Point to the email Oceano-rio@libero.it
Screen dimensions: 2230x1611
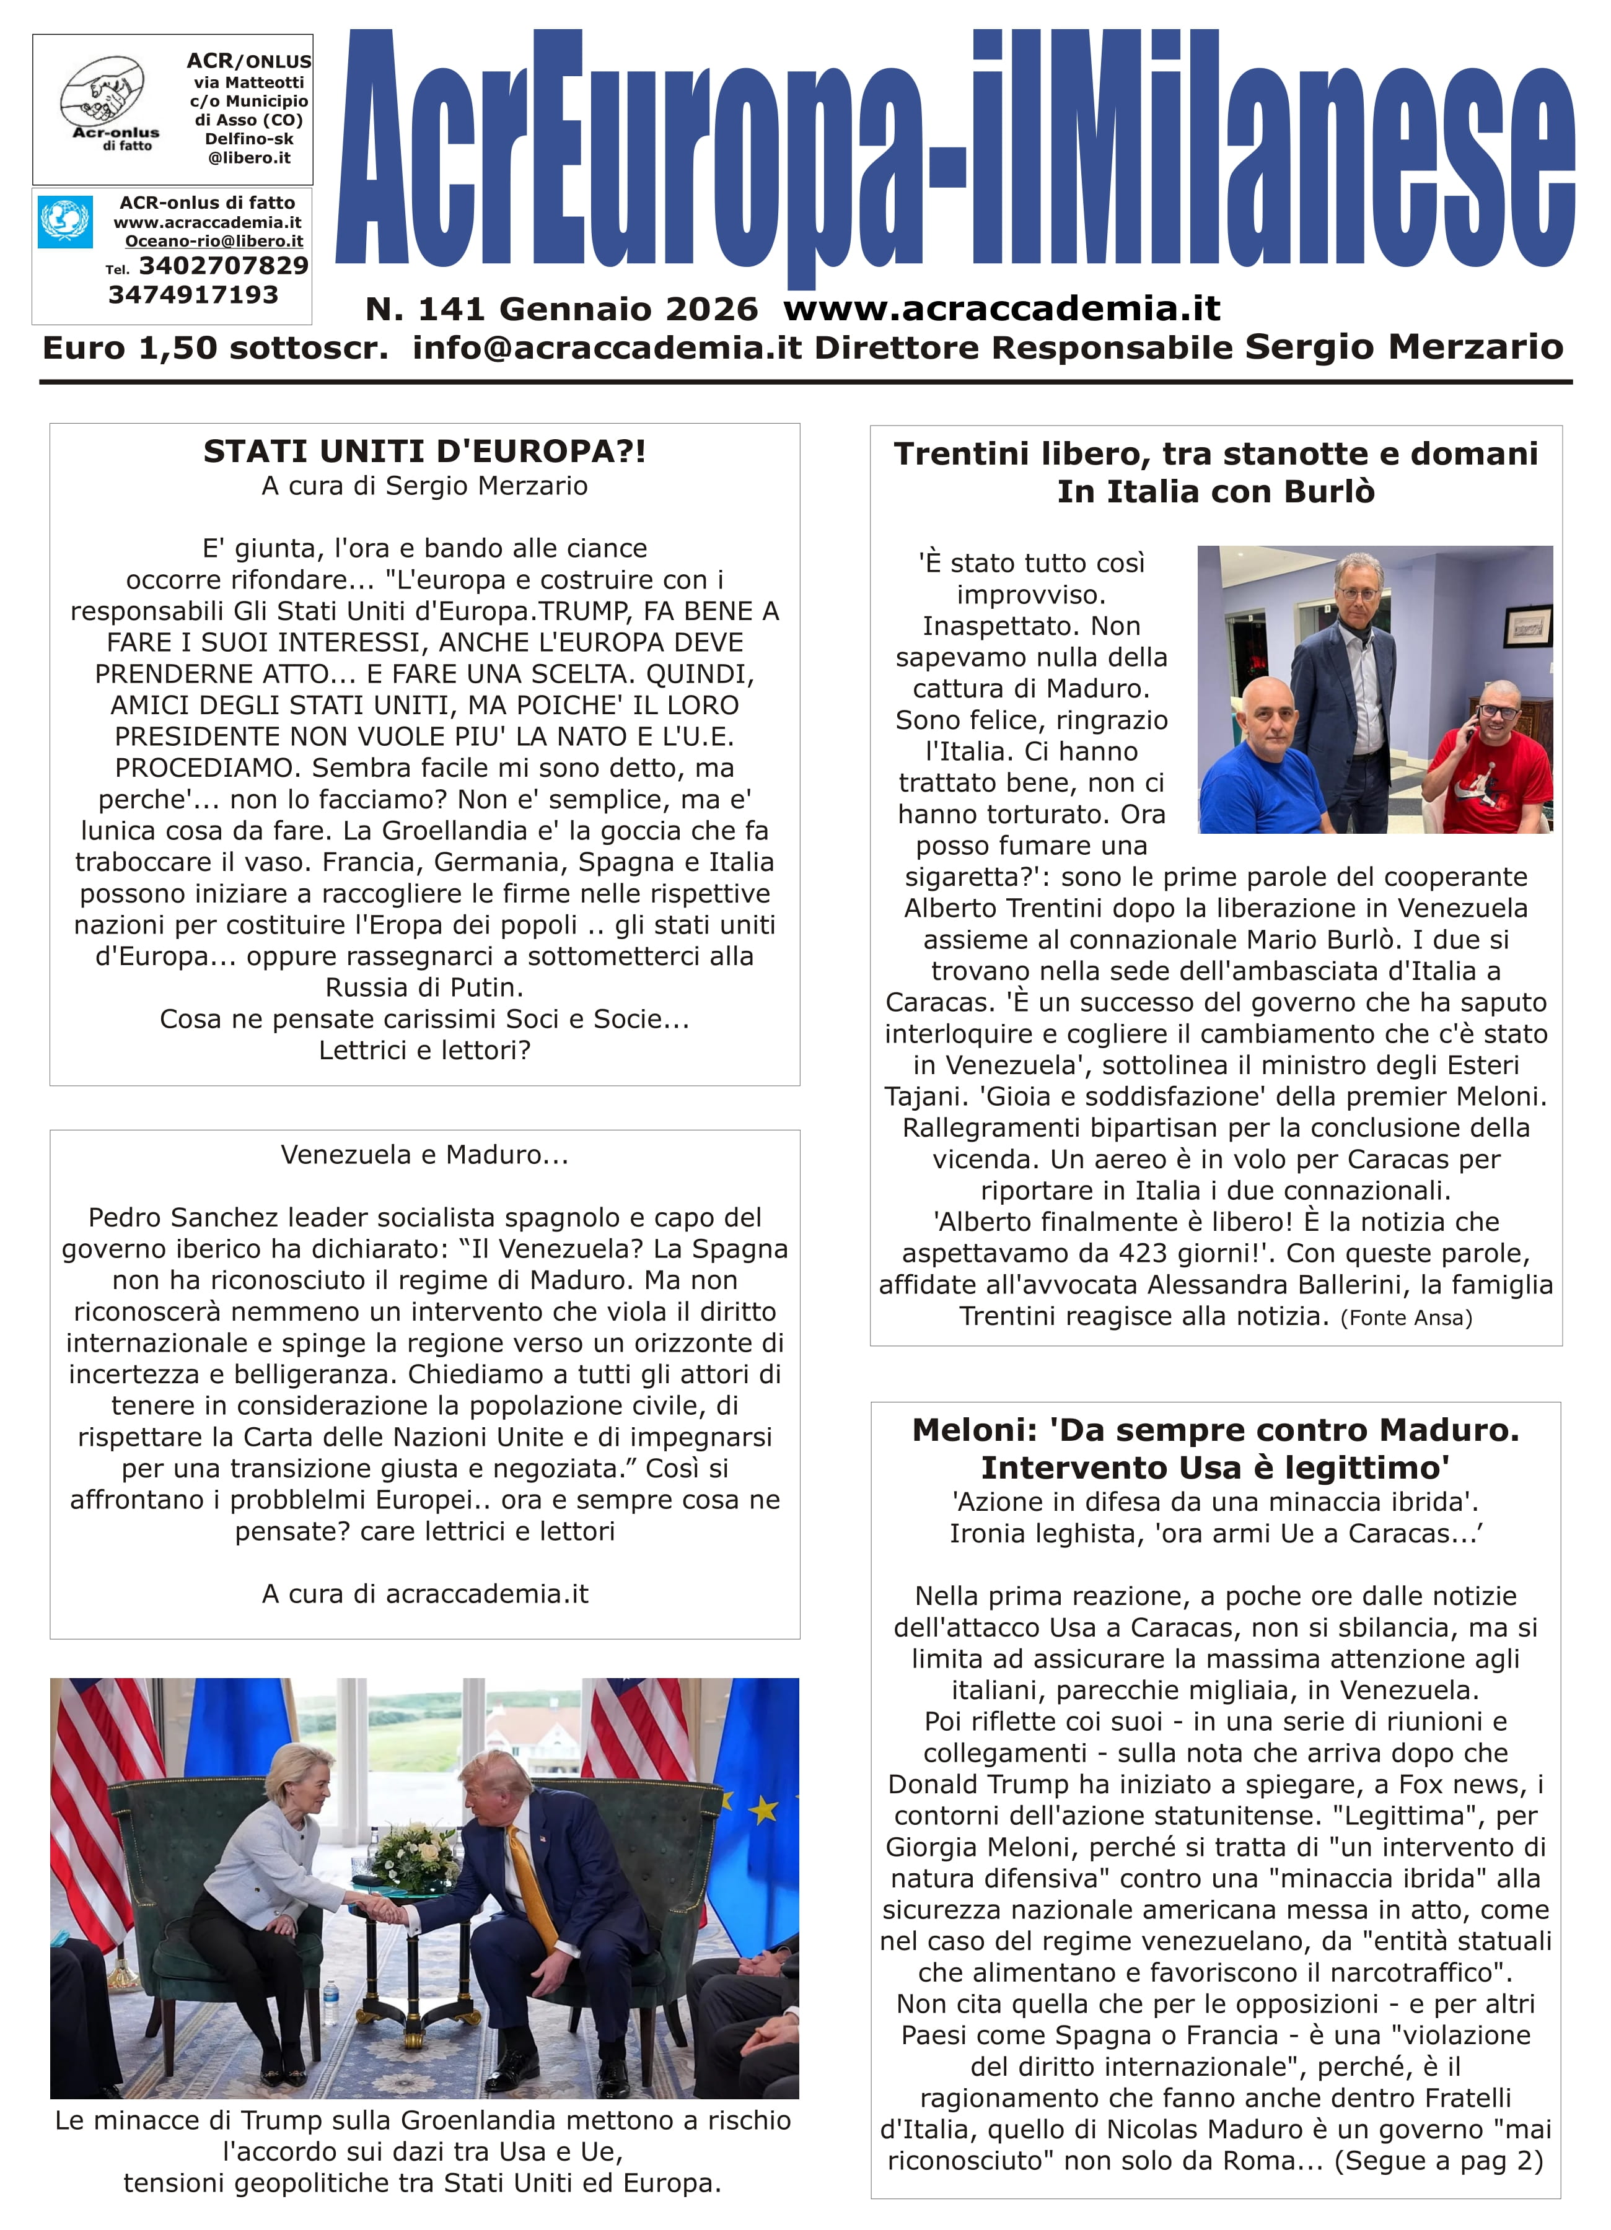tap(213, 241)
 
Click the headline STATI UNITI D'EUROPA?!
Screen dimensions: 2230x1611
tap(424, 452)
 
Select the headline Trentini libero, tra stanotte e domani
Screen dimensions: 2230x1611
tap(1216, 453)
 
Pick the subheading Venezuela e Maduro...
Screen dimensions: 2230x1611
tap(424, 1154)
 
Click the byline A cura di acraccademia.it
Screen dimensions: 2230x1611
tap(424, 1594)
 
